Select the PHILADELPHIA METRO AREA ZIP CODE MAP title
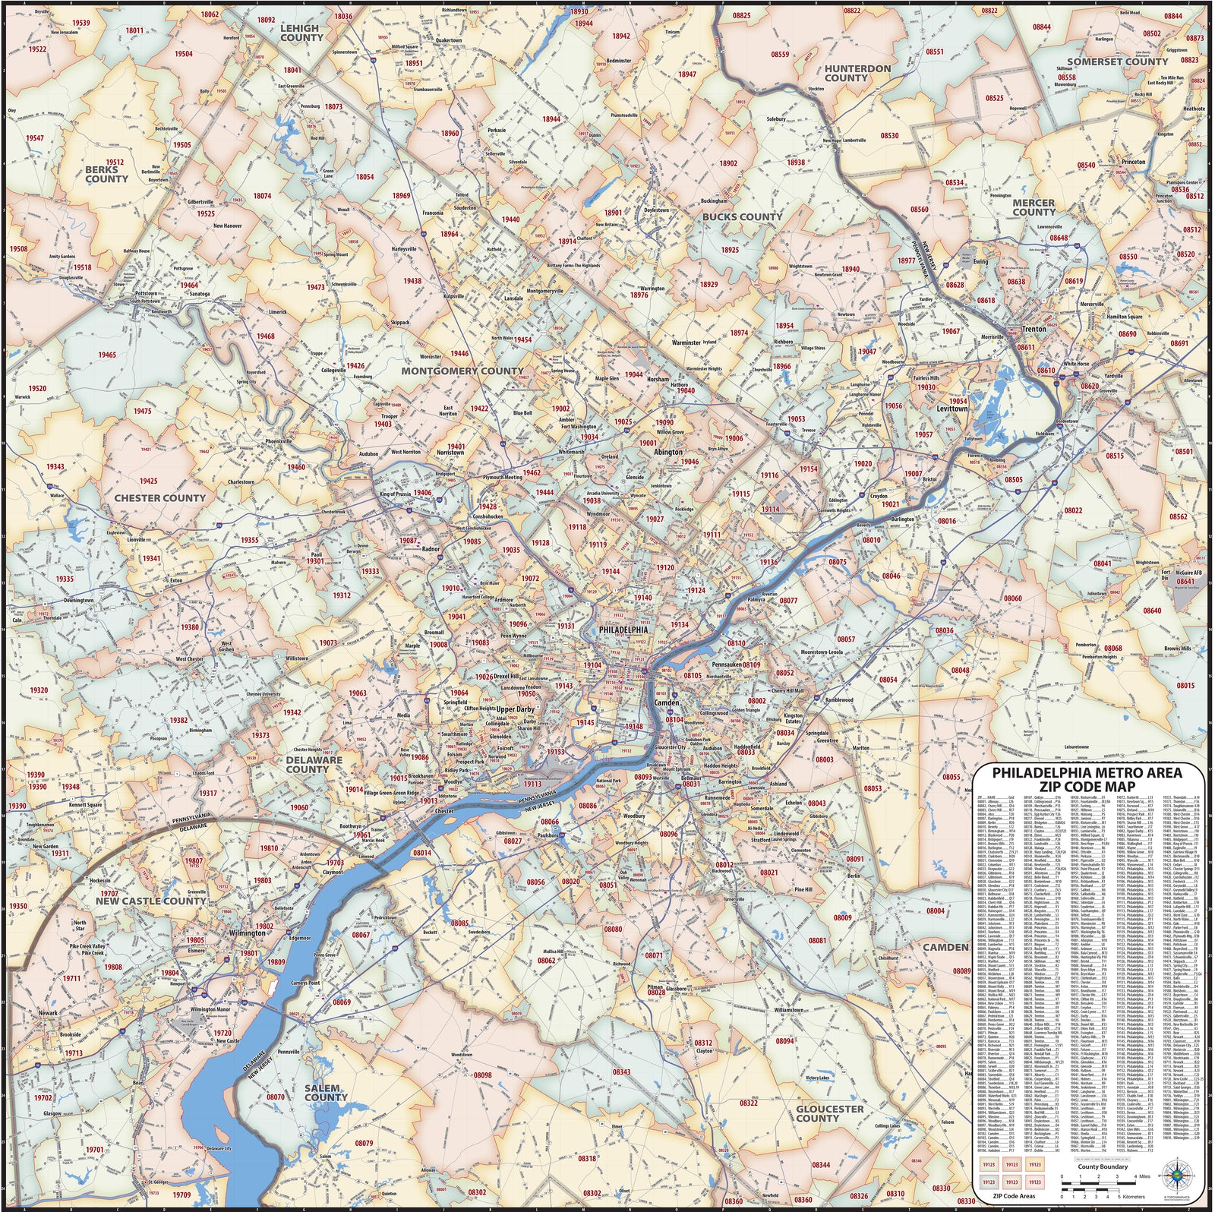pos(1087,779)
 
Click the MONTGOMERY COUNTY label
pos(462,371)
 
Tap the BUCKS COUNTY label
pos(741,216)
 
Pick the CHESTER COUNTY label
pos(159,498)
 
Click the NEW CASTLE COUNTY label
pos(150,901)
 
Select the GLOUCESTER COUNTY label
pos(829,1113)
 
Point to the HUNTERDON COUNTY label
pos(857,73)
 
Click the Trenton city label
pos(1034,329)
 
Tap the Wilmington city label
pos(248,933)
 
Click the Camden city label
pos(667,703)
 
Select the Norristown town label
pos(450,453)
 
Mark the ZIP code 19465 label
pos(107,355)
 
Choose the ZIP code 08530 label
pos(889,136)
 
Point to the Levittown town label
pos(951,409)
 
